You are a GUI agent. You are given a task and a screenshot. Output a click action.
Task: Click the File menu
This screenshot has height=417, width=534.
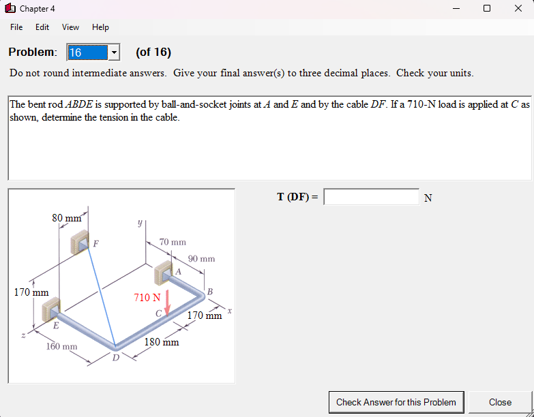(16, 27)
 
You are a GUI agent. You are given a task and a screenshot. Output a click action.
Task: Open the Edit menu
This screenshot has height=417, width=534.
(42, 27)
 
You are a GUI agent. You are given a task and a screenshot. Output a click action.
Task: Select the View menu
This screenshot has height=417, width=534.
(70, 27)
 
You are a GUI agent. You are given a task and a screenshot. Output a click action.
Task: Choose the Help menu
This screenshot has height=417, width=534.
(100, 27)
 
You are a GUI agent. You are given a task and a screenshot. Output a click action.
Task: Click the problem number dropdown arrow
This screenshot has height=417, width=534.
(114, 52)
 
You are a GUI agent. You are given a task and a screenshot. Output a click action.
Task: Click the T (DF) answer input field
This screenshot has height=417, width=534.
(371, 197)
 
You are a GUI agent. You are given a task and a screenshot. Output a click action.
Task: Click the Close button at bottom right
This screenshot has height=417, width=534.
(500, 402)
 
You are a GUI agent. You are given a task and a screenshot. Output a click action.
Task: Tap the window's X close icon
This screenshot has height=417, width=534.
(518, 9)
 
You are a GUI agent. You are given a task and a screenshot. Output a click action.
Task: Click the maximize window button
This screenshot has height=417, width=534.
(486, 9)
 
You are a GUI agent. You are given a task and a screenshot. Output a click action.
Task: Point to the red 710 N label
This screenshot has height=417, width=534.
(147, 298)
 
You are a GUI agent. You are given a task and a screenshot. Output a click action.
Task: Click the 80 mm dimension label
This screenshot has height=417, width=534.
(66, 218)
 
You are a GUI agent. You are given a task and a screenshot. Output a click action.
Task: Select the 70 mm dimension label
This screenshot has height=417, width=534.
(173, 242)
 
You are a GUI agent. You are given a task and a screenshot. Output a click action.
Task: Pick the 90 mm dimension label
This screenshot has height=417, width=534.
(201, 259)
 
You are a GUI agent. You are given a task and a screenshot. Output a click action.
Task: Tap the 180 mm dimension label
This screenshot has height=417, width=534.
(162, 342)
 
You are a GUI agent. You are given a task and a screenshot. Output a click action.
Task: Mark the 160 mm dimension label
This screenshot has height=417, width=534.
(61, 347)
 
